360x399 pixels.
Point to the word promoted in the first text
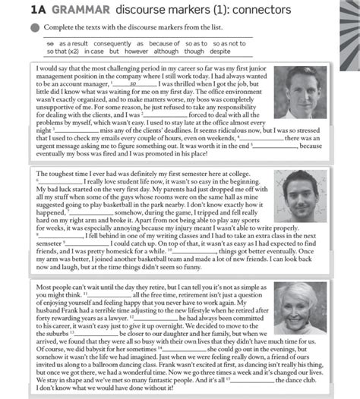166,152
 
